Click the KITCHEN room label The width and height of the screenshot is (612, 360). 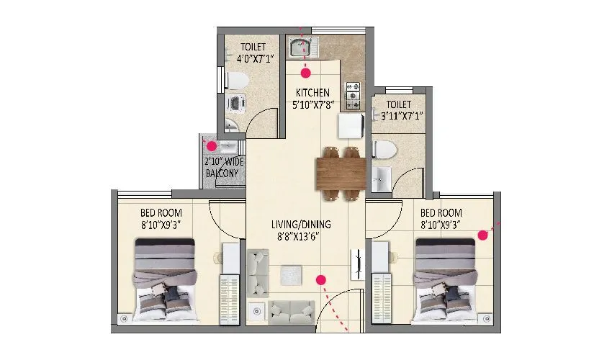tap(312, 93)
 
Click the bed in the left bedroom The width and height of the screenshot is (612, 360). tap(164, 279)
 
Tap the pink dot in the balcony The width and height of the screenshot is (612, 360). tap(211, 146)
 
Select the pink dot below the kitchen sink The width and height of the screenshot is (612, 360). tap(306, 73)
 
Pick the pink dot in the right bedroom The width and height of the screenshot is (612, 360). tap(484, 234)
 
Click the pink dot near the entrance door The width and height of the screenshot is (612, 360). tap(322, 279)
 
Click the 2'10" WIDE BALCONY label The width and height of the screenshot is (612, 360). tap(225, 168)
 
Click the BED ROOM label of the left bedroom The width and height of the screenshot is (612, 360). tap(161, 213)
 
